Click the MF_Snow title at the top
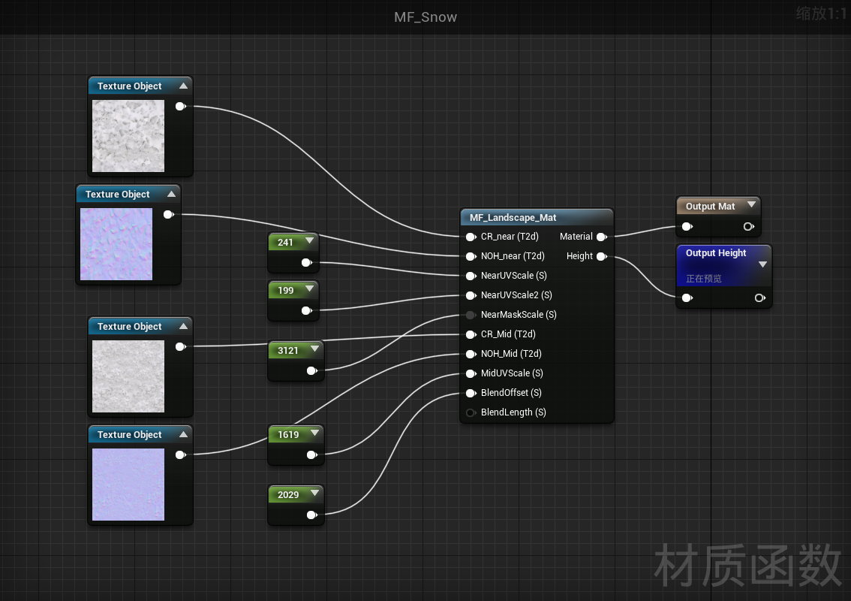coord(425,17)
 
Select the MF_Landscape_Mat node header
coord(513,218)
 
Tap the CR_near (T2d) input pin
coord(471,237)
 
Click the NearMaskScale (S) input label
coord(519,315)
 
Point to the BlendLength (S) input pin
coord(471,412)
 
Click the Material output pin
coord(601,237)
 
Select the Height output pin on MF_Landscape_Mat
coord(601,256)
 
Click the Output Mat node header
coord(710,207)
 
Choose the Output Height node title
coord(716,253)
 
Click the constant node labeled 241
coord(286,243)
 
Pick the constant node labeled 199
coord(286,291)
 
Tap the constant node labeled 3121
coord(288,351)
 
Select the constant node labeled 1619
coord(288,435)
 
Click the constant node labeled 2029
coord(288,495)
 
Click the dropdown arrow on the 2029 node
coord(314,494)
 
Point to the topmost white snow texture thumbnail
coord(128,136)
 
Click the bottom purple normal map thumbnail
coord(128,485)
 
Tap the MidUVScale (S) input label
coord(512,373)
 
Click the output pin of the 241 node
coord(306,263)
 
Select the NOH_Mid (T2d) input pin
coord(471,354)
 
